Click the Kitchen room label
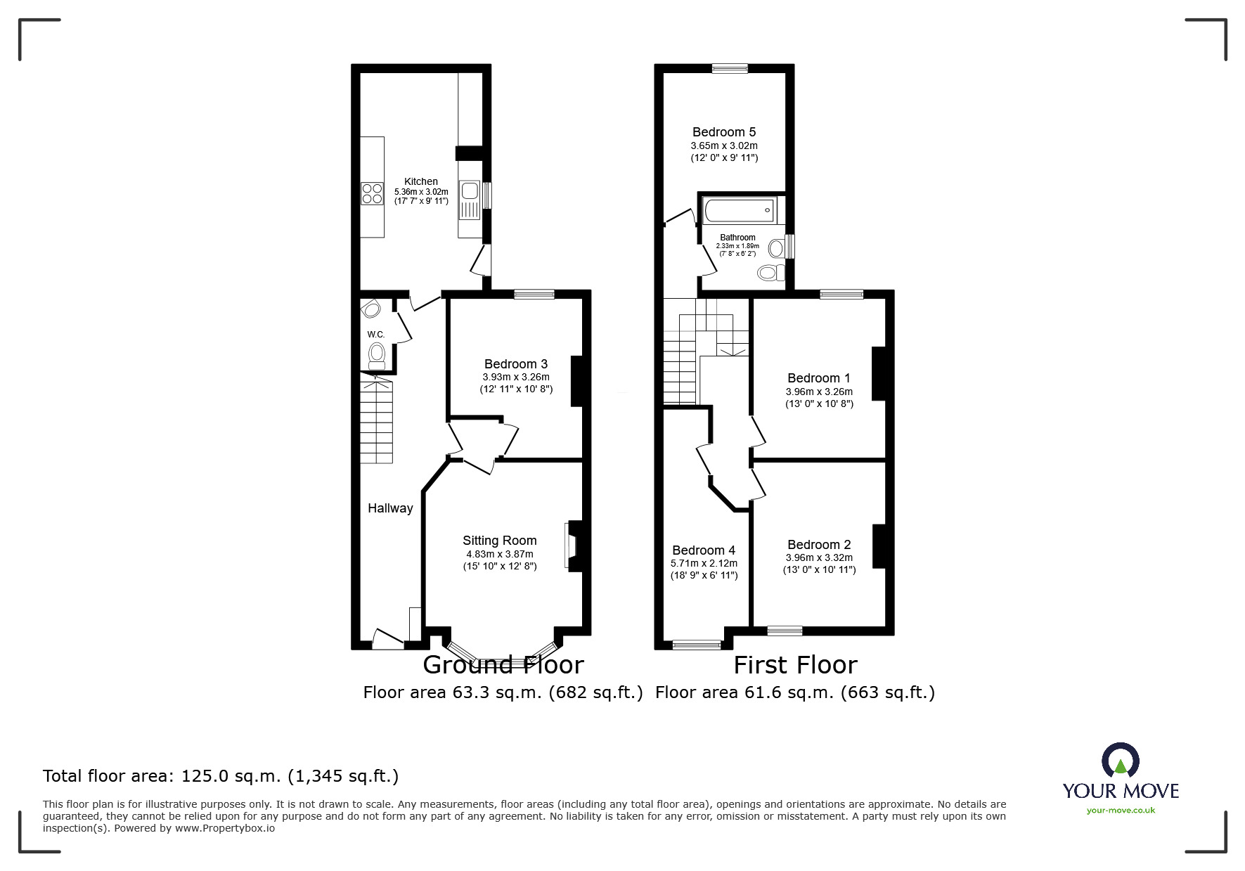(420, 181)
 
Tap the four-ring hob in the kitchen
(371, 193)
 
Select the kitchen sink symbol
(468, 191)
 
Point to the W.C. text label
(375, 335)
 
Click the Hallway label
(390, 508)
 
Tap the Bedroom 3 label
(515, 364)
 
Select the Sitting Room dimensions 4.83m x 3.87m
(499, 554)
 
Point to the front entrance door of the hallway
(387, 640)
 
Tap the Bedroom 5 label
(723, 132)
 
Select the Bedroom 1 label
(818, 378)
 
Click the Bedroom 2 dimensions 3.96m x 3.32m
(819, 557)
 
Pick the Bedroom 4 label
(703, 550)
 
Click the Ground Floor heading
(503, 665)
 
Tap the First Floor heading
(795, 665)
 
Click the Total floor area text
(221, 776)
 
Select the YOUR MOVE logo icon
(1120, 761)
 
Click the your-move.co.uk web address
(1121, 811)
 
